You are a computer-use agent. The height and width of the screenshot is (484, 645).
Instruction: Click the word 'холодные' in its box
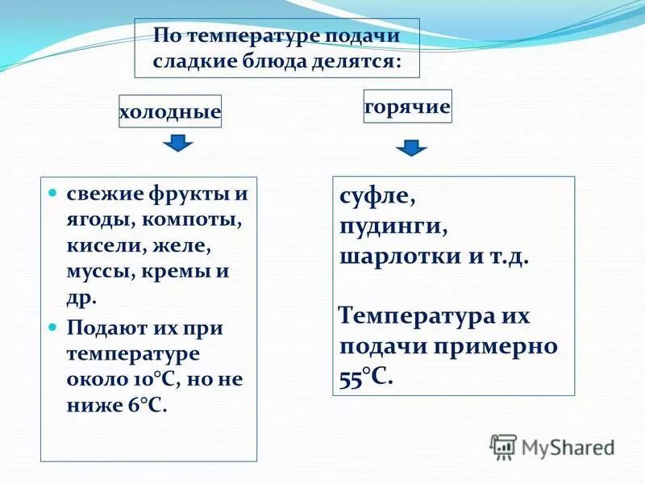pos(169,113)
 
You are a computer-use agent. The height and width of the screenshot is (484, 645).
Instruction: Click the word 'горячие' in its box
pos(407,106)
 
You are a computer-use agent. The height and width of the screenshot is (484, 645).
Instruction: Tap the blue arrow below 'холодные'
pos(178,144)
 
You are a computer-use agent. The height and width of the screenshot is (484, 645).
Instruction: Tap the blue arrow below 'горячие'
pos(411,148)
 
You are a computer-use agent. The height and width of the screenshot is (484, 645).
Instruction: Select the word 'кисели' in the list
pos(99,245)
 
